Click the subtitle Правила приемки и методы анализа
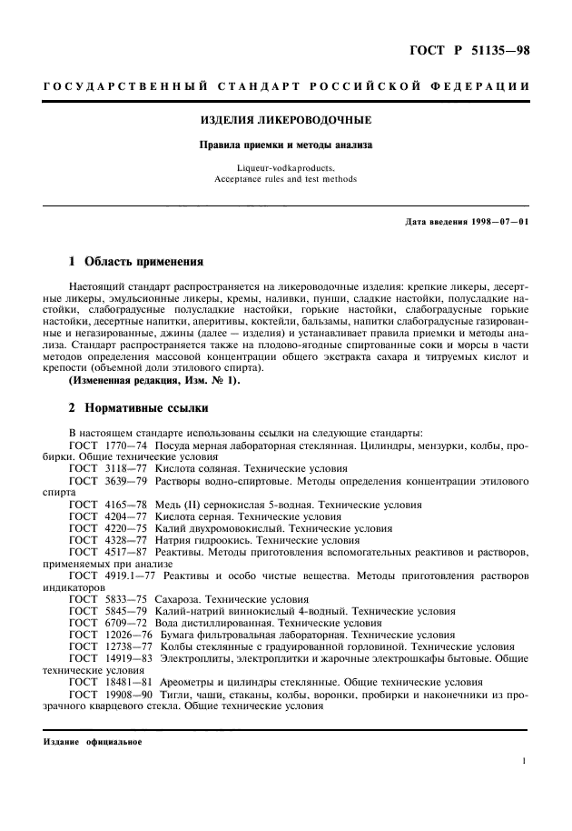tap(286, 145)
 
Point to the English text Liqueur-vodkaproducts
tap(286, 168)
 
